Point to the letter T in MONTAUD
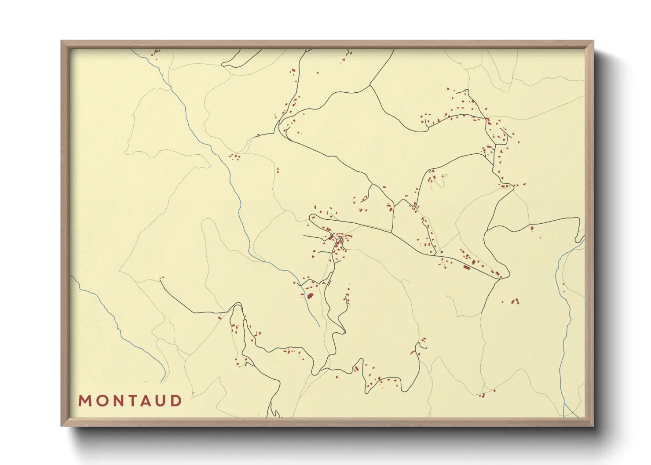click(132, 401)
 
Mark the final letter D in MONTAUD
click(176, 401)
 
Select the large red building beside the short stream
click(310, 296)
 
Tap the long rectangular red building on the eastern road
click(467, 267)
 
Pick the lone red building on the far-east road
click(531, 228)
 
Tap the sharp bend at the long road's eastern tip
click(508, 274)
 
